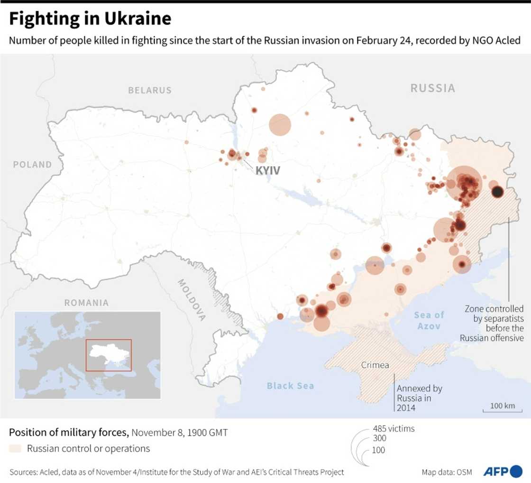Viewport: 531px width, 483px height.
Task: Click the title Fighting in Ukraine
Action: click(90, 19)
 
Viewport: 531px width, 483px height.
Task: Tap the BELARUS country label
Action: click(150, 90)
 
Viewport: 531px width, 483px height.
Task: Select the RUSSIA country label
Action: click(432, 88)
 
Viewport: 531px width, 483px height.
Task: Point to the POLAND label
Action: click(32, 165)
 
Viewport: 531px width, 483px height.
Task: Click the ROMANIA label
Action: click(86, 303)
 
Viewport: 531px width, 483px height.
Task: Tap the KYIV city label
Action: click(268, 170)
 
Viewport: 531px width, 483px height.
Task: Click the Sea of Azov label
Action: click(429, 320)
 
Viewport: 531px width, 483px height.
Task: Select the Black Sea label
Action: click(290, 386)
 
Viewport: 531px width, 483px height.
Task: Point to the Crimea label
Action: click(375, 365)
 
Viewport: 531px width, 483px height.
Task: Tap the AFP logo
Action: click(503, 472)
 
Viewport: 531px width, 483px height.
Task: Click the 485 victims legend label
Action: click(394, 429)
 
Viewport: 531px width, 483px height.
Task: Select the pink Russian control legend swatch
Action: click(15, 448)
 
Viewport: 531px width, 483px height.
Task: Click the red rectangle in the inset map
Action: click(109, 355)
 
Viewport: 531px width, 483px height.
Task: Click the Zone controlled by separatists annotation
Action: click(494, 323)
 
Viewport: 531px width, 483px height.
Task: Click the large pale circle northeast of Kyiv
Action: click(280, 125)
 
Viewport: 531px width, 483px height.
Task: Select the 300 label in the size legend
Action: click(379, 438)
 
